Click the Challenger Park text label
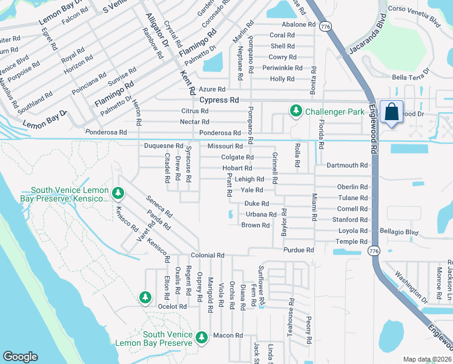(x=334, y=112)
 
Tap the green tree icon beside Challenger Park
(x=296, y=111)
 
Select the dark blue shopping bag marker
(x=392, y=112)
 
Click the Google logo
(x=20, y=357)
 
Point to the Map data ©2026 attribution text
(x=427, y=359)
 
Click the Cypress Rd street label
(x=219, y=100)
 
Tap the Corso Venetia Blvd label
(x=413, y=18)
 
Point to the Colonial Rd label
(x=208, y=256)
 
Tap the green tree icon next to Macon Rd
(x=202, y=336)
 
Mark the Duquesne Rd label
(x=164, y=146)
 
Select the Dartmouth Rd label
(x=347, y=165)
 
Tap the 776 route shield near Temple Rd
(x=374, y=251)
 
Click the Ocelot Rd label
(x=173, y=307)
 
